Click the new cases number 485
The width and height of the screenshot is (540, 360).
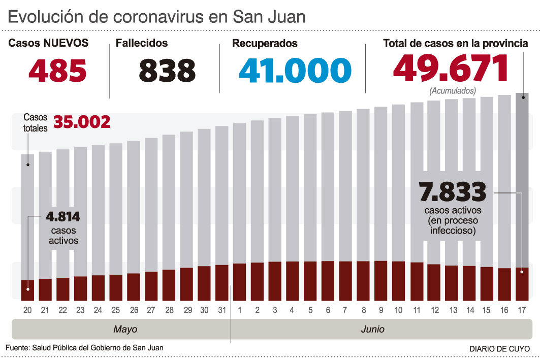(57, 70)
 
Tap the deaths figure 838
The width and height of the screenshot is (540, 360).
(167, 70)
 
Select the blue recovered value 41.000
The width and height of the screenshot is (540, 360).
(295, 70)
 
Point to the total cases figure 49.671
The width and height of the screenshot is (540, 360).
(451, 68)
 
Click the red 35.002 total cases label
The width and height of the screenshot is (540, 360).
(82, 122)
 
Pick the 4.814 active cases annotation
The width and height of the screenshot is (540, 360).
(63, 217)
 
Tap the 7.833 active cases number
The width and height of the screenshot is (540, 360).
(452, 192)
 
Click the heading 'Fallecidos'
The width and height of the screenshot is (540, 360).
(142, 44)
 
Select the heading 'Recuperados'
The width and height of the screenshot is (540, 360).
(265, 44)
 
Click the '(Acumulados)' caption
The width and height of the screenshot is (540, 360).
(453, 91)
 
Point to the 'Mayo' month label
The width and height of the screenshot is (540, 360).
(125, 330)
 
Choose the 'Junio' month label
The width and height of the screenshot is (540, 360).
(372, 330)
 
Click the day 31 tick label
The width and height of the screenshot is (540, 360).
(222, 310)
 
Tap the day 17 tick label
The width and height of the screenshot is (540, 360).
(522, 310)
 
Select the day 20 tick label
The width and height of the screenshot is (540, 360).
(27, 310)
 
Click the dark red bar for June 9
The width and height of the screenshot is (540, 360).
(380, 280)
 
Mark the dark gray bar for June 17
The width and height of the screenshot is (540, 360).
(522, 178)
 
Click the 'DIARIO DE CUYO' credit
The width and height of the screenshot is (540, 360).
(499, 349)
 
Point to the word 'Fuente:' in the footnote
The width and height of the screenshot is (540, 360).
(17, 348)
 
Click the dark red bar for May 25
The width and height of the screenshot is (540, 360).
(116, 287)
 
